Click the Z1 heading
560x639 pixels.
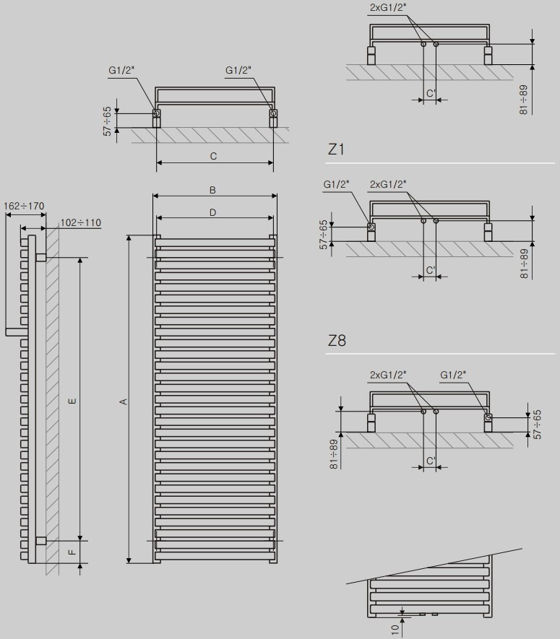coord(336,149)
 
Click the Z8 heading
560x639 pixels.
coord(337,340)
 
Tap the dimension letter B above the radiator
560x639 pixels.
coord(212,190)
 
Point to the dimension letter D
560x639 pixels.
coord(212,212)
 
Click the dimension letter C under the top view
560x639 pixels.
coord(213,157)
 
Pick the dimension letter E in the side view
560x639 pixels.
coord(72,401)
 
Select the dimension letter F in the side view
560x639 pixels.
coord(72,552)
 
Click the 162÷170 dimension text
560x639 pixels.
coord(24,206)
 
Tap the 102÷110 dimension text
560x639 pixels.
coord(81,222)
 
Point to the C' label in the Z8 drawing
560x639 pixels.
coord(431,461)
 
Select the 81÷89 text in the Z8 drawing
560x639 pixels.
coord(334,454)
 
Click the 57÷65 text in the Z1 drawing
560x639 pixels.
coord(324,235)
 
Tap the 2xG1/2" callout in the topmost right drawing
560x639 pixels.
coord(388,8)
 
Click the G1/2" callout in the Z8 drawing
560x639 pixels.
coord(453,375)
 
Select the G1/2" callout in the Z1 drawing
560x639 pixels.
coord(337,184)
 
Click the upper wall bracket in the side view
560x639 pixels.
coord(40,257)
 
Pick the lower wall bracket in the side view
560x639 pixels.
coord(40,541)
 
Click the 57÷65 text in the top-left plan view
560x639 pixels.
coord(107,121)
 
